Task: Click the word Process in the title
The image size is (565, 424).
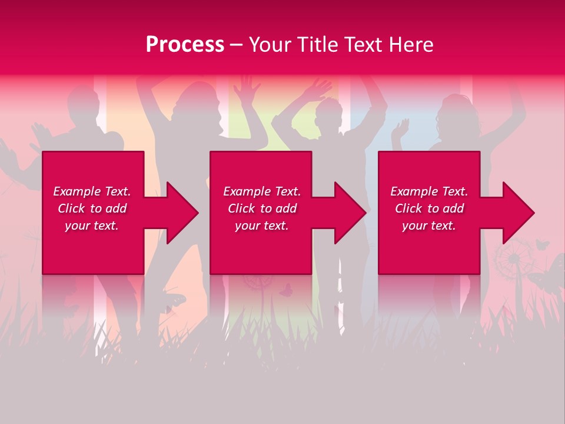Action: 185,45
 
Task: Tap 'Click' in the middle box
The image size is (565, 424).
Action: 241,208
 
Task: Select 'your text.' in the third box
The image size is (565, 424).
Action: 429,226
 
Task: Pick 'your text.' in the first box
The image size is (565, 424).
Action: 92,226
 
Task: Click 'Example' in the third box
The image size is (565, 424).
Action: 414,191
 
